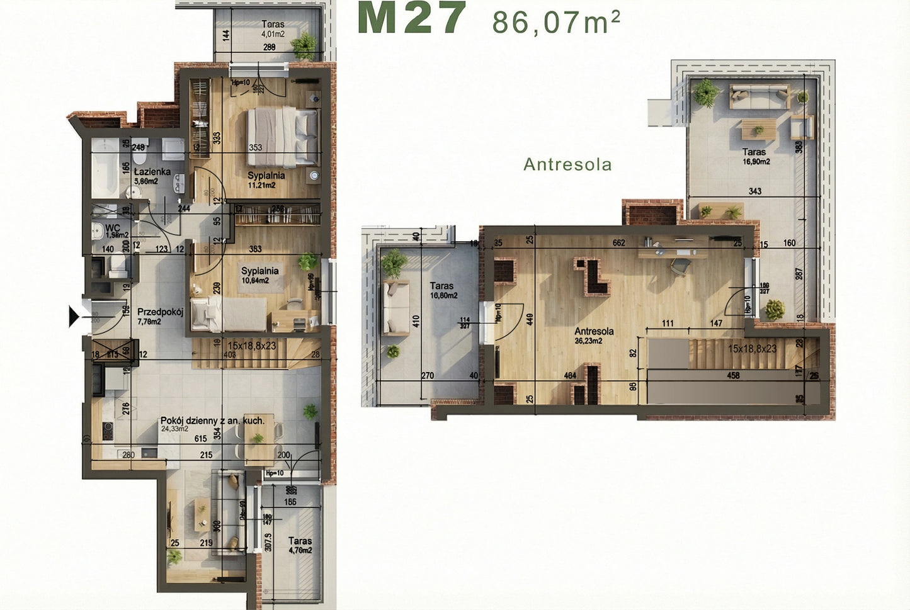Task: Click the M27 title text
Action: coord(411,18)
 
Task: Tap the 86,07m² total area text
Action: coord(556,22)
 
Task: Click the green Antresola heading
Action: coord(567,164)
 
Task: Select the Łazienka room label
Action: coord(152,171)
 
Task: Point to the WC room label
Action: coord(113,227)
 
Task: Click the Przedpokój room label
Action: coord(160,312)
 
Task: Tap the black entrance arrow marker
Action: coord(75,316)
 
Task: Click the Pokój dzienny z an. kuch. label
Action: coord(212,421)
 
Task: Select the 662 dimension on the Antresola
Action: coord(618,242)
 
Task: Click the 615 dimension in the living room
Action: coord(200,439)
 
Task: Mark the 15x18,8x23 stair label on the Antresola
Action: coord(752,348)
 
